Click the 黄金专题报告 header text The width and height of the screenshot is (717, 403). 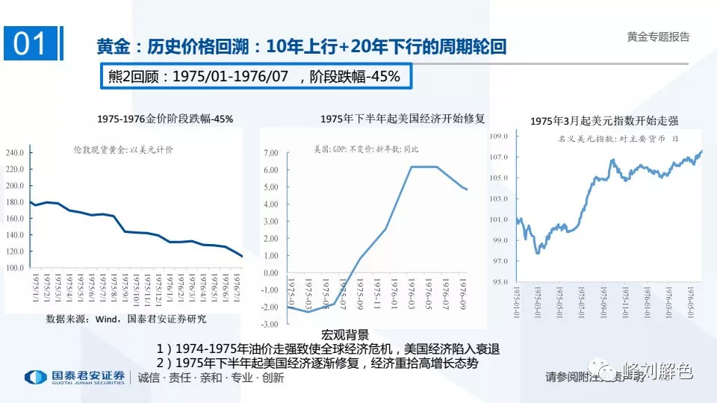tap(658, 37)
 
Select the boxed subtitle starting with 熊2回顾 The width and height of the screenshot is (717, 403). tap(255, 76)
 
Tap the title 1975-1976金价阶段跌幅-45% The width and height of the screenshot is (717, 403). tap(165, 119)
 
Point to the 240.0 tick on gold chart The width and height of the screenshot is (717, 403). tap(15, 152)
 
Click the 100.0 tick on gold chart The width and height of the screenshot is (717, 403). tap(15, 267)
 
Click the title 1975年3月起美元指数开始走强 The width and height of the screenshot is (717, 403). tap(603, 120)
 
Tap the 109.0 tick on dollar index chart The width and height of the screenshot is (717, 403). tap(499, 137)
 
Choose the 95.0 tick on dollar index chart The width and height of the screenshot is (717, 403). tap(499, 281)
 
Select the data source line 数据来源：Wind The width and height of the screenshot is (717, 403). tap(126, 319)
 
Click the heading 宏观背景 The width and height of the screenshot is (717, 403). tap(345, 334)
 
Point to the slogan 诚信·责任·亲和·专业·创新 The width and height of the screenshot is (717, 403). tap(211, 378)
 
